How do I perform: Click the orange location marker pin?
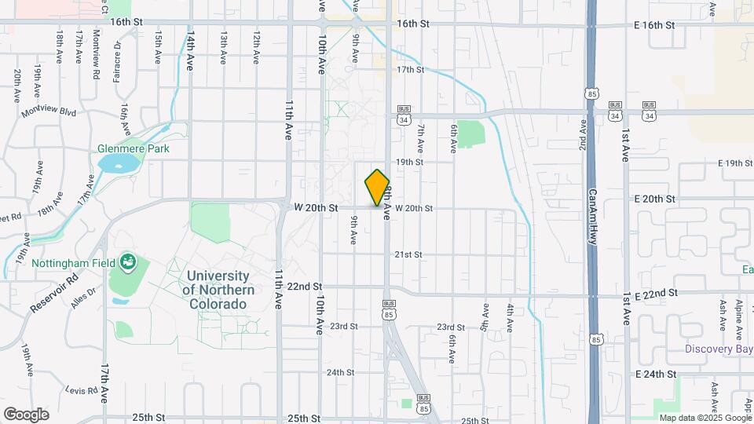(x=378, y=187)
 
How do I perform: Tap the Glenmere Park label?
(x=134, y=148)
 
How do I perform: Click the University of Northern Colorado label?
(x=218, y=290)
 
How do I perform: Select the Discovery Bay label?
(x=718, y=349)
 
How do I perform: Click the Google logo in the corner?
(x=26, y=414)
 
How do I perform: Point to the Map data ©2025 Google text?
(x=704, y=418)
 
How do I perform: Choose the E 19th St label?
(x=724, y=163)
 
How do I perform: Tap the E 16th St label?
(x=654, y=25)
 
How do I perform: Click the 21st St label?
(x=408, y=255)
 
